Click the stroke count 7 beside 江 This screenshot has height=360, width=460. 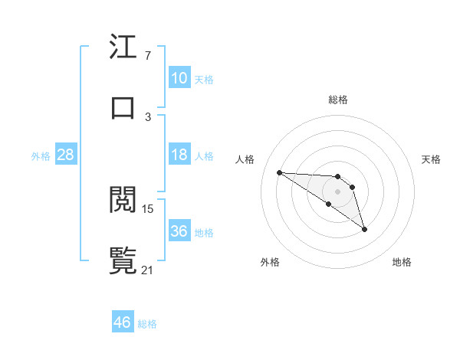click(147, 56)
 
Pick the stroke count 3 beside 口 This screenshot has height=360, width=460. click(147, 116)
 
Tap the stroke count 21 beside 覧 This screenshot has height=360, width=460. click(148, 269)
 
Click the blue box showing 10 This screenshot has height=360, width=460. click(179, 78)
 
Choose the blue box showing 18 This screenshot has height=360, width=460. click(179, 155)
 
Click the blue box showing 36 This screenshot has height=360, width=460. click(179, 231)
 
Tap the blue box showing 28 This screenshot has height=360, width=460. click(66, 155)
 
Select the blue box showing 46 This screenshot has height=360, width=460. click(123, 322)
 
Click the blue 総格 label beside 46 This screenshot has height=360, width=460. click(147, 324)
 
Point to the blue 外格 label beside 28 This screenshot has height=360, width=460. click(41, 156)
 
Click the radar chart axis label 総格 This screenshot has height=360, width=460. click(338, 100)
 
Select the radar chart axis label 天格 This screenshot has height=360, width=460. click(432, 159)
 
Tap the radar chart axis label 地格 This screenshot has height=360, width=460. click(402, 262)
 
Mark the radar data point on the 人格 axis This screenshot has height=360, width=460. click(279, 172)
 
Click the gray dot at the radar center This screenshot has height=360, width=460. click(338, 191)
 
